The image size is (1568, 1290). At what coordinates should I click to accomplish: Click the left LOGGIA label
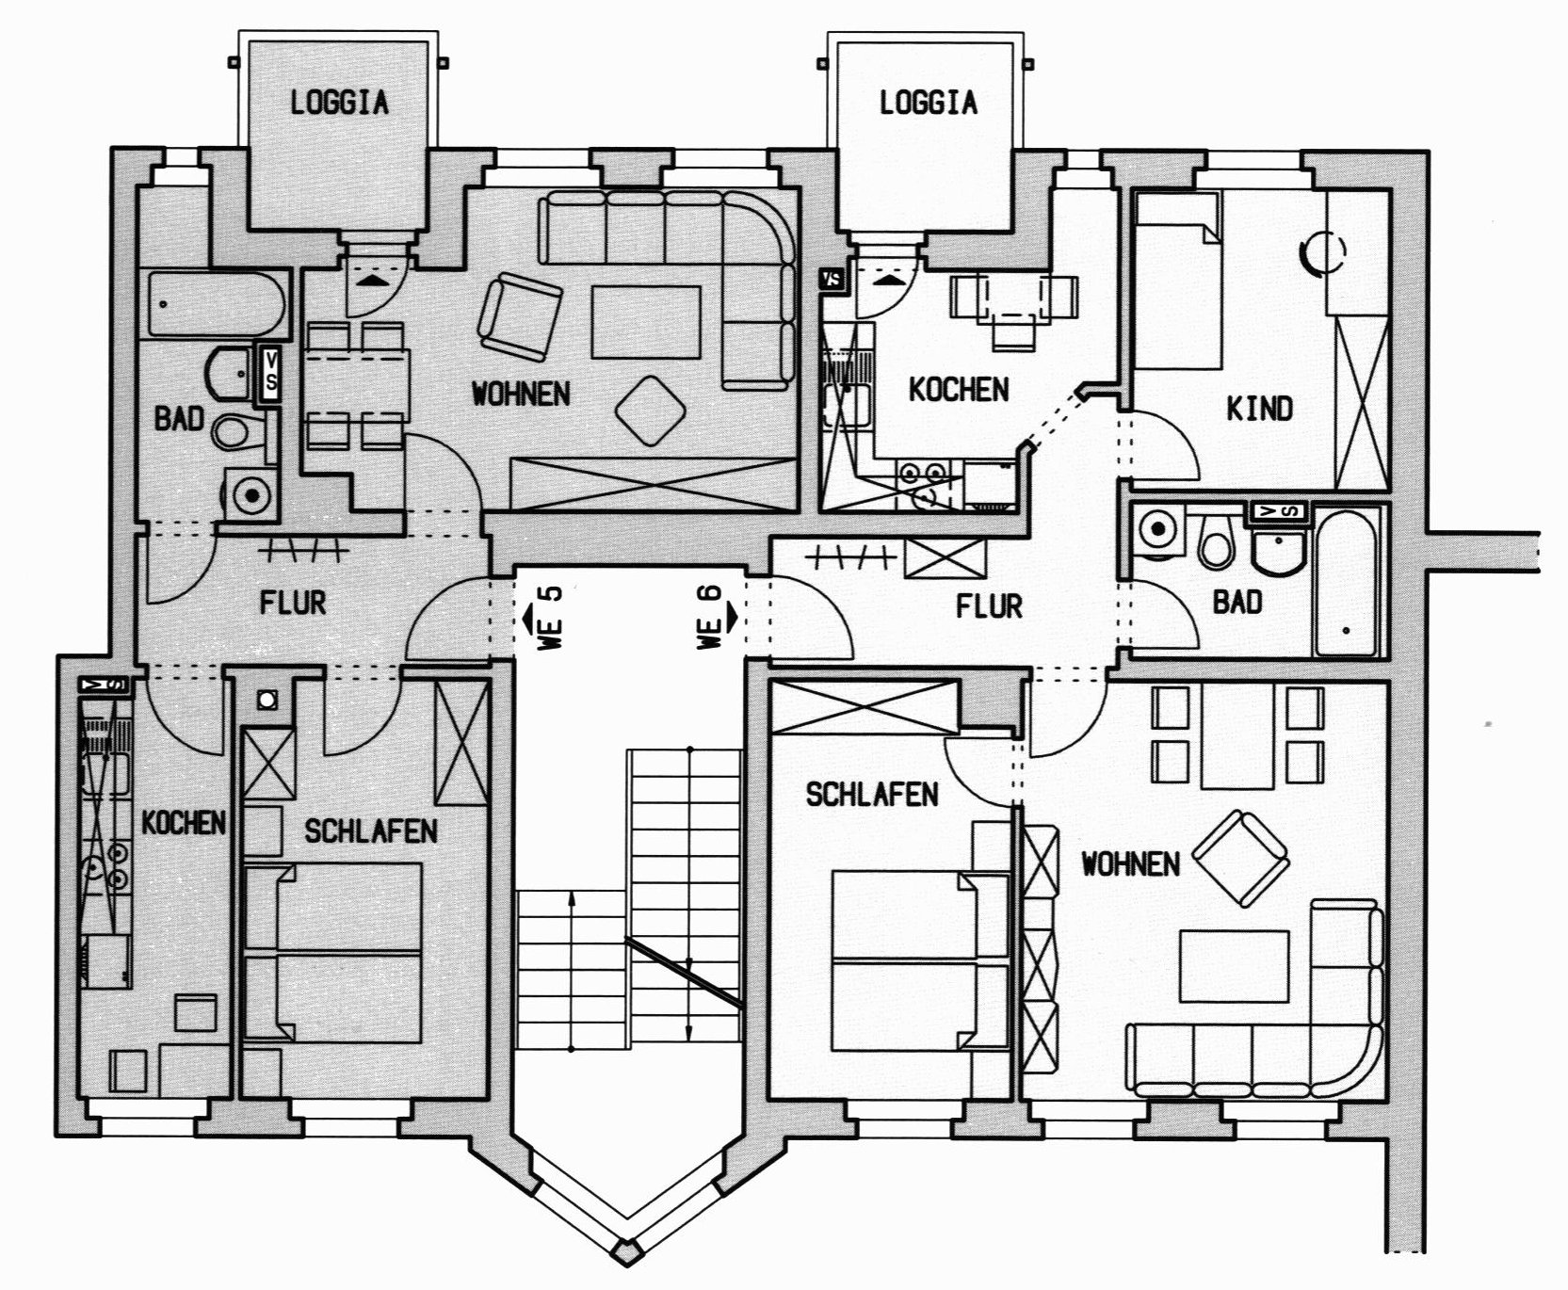[x=339, y=102]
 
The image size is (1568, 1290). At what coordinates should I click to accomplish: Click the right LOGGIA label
[x=928, y=102]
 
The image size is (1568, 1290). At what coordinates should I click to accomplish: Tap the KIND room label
[x=1259, y=409]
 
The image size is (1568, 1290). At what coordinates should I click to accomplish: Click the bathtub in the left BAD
[x=216, y=304]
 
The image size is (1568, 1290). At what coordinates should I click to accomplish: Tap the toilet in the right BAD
[x=1218, y=542]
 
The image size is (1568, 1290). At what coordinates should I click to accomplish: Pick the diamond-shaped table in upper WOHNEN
[x=650, y=411]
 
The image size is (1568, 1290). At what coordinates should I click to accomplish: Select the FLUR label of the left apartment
[x=293, y=603]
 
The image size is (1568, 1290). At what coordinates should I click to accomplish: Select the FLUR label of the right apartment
[x=989, y=605]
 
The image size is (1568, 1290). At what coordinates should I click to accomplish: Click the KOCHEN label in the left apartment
[x=184, y=823]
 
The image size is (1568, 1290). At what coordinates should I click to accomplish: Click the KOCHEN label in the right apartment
[x=958, y=390]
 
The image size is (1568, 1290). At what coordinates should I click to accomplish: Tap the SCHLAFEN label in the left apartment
[x=370, y=830]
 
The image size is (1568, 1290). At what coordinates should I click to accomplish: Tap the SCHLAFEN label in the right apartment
[x=872, y=795]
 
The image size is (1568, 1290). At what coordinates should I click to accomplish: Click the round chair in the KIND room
[x=1321, y=251]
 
